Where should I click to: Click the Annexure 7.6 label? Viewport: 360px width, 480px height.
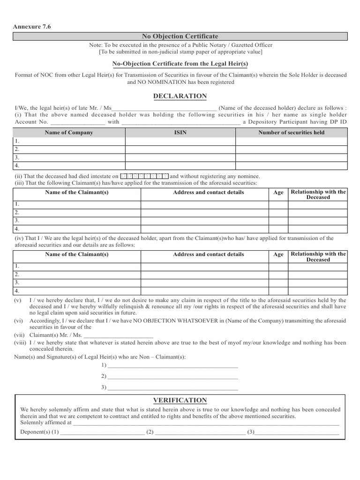pyautogui.click(x=31, y=27)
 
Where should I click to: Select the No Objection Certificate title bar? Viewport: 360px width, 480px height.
pyautogui.click(x=180, y=36)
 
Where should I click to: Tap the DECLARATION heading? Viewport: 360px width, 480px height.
pyautogui.click(x=180, y=96)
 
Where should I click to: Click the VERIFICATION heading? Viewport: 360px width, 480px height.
pyautogui.click(x=180, y=400)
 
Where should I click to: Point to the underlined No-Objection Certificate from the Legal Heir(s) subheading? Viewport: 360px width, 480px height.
pyautogui.click(x=180, y=63)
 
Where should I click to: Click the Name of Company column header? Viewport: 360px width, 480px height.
pyautogui.click(x=69, y=133)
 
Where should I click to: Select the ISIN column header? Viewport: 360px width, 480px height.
pyautogui.click(x=180, y=133)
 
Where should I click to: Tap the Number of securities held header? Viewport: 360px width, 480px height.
pyautogui.click(x=291, y=133)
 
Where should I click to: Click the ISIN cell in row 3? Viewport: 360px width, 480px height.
pyautogui.click(x=180, y=157)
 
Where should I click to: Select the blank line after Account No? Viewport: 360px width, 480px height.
pyautogui.click(x=77, y=122)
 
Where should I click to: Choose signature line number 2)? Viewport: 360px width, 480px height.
pyautogui.click(x=172, y=376)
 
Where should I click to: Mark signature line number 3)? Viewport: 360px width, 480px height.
pyautogui.click(x=172, y=388)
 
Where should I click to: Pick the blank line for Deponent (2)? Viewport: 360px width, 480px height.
pyautogui.click(x=200, y=432)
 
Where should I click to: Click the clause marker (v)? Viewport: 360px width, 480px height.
pyautogui.click(x=18, y=300)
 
